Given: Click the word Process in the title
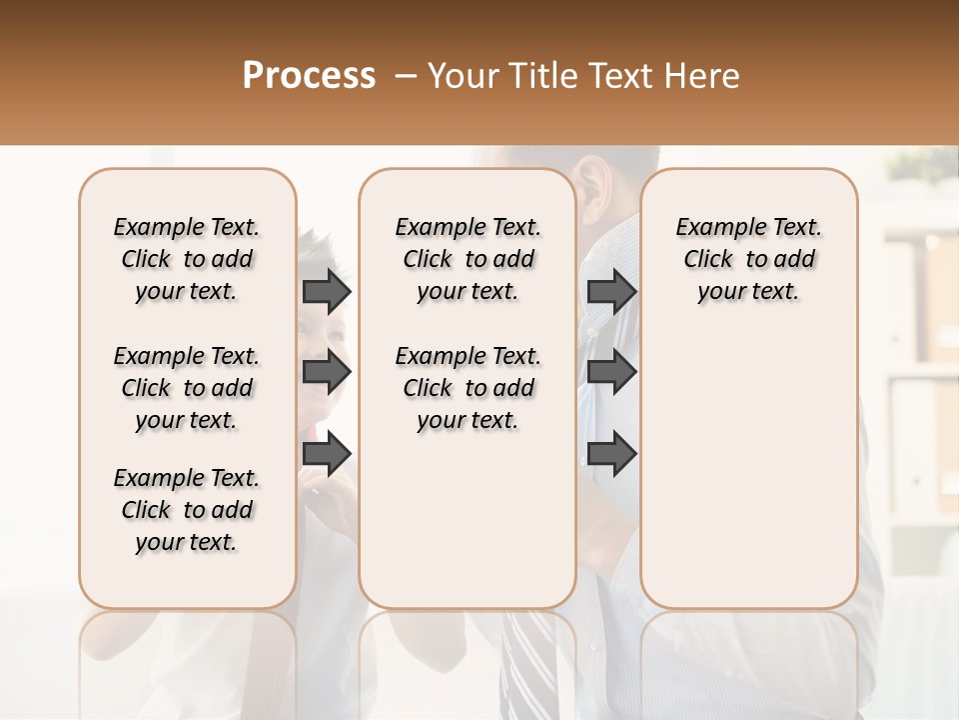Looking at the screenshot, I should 309,76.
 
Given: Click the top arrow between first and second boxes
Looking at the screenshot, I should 327,291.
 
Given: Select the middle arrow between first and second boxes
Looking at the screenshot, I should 327,372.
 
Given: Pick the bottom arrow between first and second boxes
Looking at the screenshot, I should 327,454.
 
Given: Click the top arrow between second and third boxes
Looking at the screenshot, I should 611,291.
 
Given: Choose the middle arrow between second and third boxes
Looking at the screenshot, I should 611,372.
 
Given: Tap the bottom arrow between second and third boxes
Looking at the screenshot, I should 611,454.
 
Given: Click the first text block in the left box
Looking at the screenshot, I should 187,259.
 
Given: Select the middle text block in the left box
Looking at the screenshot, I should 187,388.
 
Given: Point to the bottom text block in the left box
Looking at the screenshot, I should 187,510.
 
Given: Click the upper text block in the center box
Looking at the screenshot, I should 469,259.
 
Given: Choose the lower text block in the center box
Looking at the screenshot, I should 469,388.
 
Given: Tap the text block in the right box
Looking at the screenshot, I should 748,259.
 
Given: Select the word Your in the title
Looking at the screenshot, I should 460,76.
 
